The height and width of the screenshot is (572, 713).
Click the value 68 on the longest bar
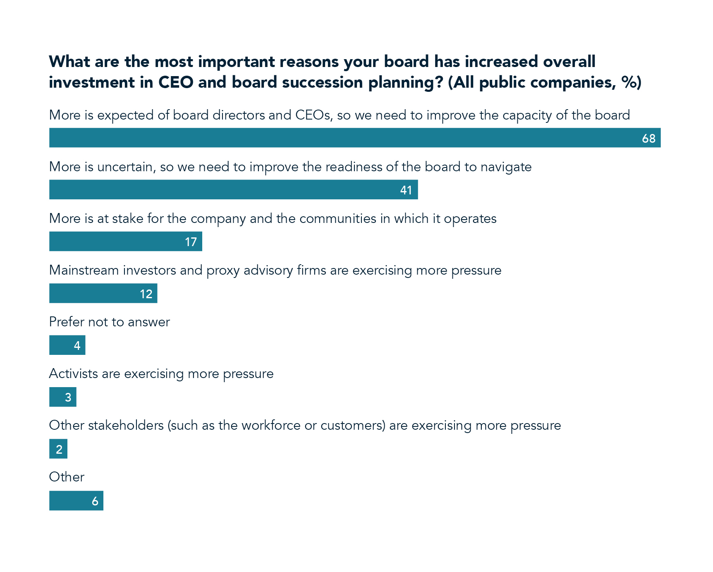648,138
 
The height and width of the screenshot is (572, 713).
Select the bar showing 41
233,190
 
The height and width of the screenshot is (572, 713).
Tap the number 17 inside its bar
191,242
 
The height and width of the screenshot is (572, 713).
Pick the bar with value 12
103,294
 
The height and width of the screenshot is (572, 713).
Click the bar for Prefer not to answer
67,345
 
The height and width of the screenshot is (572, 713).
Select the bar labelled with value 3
62,397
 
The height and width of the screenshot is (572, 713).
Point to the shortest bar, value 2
58,449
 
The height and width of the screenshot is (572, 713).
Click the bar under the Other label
76,501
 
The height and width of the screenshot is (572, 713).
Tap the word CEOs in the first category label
313,115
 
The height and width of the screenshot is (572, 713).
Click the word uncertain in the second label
126,167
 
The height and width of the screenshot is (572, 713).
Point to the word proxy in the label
223,270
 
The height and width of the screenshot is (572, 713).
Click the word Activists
73,373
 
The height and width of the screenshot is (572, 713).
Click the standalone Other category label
67,477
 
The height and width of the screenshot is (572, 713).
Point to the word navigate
506,167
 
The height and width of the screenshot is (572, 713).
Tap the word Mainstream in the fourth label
84,270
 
